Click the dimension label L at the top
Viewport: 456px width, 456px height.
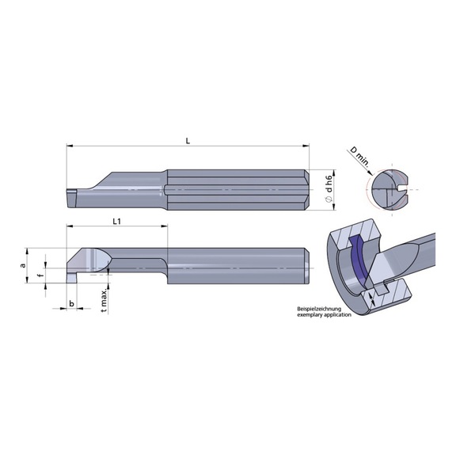(x=188, y=140)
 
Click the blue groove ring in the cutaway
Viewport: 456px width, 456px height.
(x=361, y=263)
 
